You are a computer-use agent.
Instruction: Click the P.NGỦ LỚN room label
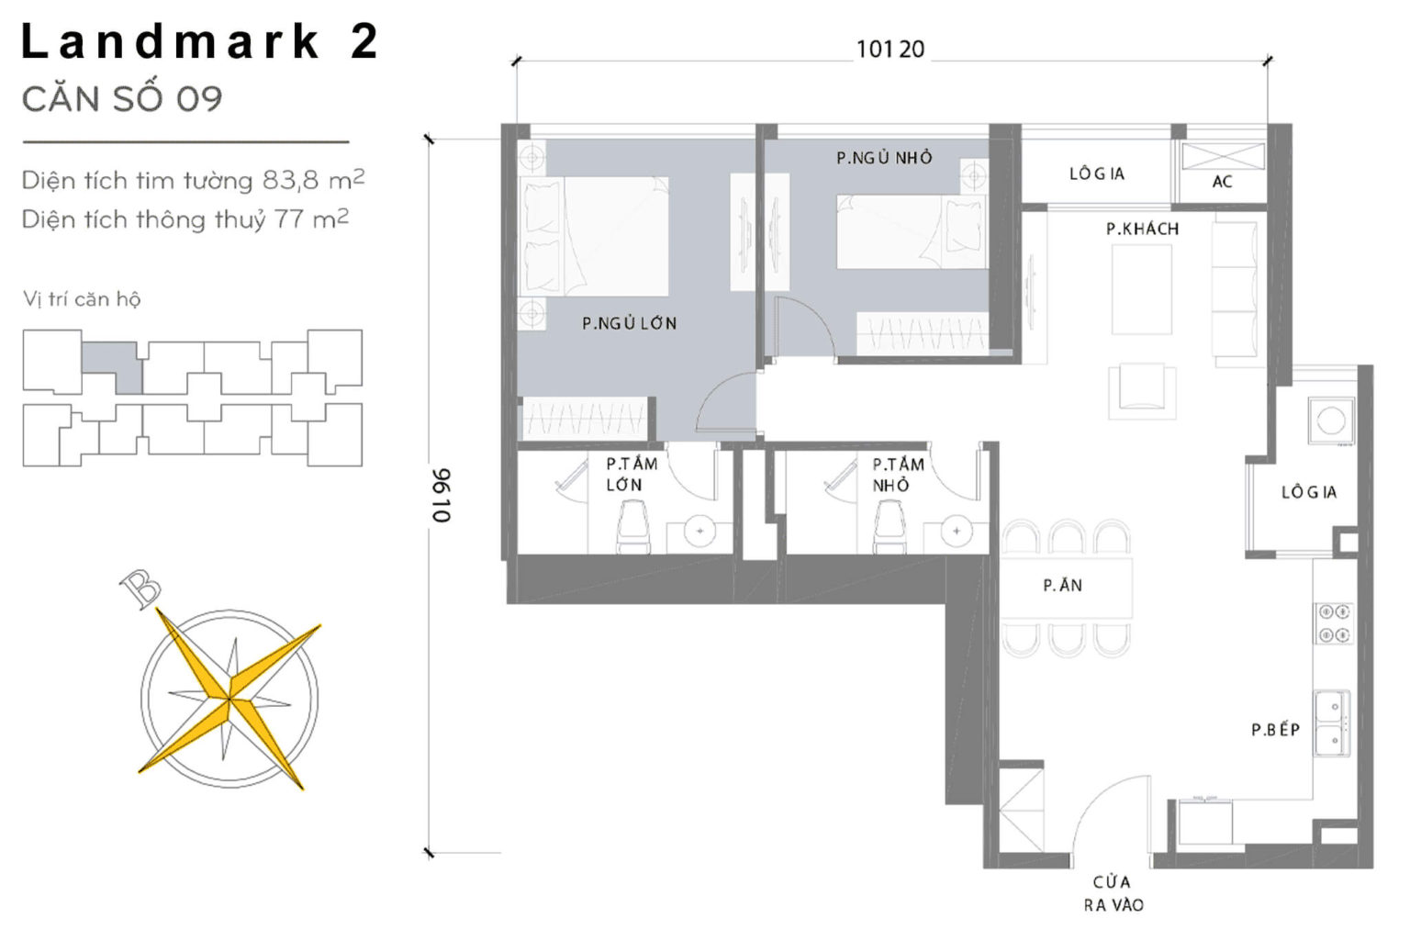coord(629,323)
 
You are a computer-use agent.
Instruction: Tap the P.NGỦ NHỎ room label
coord(884,158)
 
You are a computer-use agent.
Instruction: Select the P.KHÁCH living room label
coord(1142,229)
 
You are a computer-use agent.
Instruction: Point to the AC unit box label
coord(1222,181)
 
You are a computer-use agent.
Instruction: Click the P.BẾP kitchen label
coord(1275,730)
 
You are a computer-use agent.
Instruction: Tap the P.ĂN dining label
coord(1062,585)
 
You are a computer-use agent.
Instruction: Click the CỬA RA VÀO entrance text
coord(1113,893)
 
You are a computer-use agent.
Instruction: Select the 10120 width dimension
coord(890,50)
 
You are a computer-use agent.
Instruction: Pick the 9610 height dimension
coord(442,496)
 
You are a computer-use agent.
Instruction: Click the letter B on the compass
coord(141,588)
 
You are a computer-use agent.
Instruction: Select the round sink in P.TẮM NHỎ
coord(957,531)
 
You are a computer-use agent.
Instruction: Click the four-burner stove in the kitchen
coord(1333,622)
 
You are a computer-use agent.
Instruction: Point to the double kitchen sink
coord(1330,723)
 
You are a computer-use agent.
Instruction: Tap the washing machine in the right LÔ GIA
coord(1331,421)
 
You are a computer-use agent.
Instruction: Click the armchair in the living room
coord(1142,389)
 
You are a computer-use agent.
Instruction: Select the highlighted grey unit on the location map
coord(112,365)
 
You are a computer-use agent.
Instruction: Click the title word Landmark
coord(171,42)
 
